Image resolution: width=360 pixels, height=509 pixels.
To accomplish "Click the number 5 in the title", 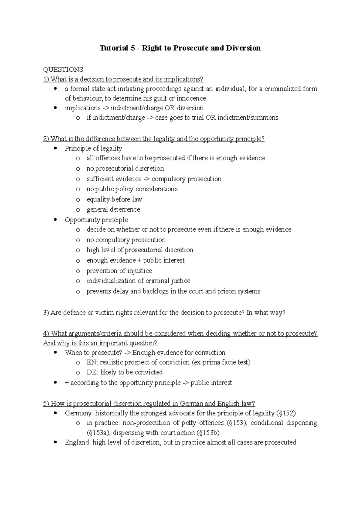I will coord(133,48).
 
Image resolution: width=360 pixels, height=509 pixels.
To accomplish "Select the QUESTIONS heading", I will coord(63,70).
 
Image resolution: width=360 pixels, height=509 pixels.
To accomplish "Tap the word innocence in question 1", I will coord(191,98).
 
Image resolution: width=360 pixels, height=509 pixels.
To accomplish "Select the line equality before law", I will coord(114,199).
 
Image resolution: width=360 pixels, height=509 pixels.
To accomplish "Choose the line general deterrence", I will coord(113,209).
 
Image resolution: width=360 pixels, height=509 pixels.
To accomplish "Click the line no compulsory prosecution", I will coord(126,240).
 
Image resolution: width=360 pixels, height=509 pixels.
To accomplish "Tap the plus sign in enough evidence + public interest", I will coord(138,260).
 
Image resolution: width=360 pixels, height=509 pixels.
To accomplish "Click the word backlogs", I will coord(155,291).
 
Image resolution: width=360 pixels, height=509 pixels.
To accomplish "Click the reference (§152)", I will coord(286,413).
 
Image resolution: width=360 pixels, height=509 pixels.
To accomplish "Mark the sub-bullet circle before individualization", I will coord(78,281).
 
